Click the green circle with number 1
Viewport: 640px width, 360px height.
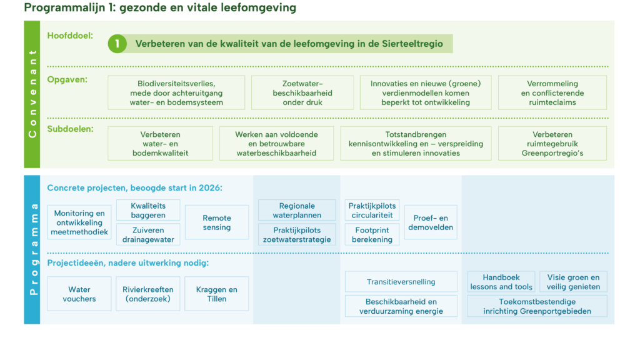[x=117, y=44]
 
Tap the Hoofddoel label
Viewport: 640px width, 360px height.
[x=70, y=36]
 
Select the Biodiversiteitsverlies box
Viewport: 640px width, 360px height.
[x=176, y=93]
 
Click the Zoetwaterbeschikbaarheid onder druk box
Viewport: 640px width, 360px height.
[x=302, y=93]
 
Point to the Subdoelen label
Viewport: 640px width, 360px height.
[x=69, y=130]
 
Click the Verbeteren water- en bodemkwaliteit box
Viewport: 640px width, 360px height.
[x=161, y=144]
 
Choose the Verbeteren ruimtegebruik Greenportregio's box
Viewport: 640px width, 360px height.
[x=552, y=144]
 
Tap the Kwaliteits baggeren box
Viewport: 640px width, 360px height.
[x=148, y=211]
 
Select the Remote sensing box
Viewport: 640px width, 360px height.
[x=217, y=222]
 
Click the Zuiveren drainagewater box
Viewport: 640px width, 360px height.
[x=148, y=234]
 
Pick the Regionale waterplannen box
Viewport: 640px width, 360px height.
[x=297, y=211]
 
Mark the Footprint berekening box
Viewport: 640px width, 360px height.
[x=372, y=234]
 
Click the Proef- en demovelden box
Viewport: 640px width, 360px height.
[x=431, y=222]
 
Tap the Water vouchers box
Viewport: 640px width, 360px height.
[x=79, y=294]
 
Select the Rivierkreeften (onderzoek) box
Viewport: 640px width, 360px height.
[x=148, y=294]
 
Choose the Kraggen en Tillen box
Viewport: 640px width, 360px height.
[x=217, y=294]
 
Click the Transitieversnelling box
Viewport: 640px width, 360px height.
[x=401, y=282]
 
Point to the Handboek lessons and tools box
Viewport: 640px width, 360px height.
[x=501, y=282]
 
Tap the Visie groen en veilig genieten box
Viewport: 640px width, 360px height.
[x=573, y=282]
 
